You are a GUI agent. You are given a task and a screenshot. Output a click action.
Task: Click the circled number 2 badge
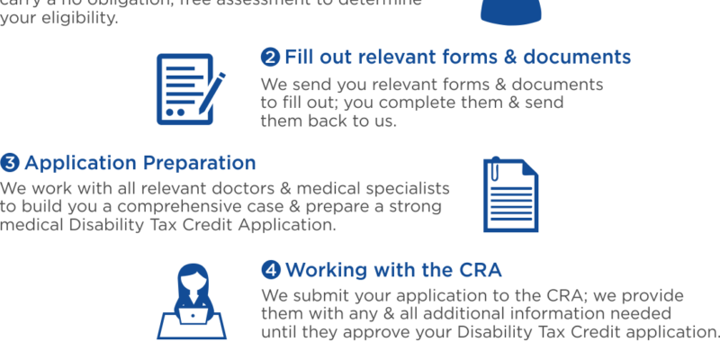coord(270,58)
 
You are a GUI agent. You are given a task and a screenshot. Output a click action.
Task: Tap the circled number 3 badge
coord(10,163)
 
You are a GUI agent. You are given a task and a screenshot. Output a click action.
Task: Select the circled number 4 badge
coord(271,270)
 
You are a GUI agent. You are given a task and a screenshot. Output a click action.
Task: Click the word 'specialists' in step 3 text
coord(404,190)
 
